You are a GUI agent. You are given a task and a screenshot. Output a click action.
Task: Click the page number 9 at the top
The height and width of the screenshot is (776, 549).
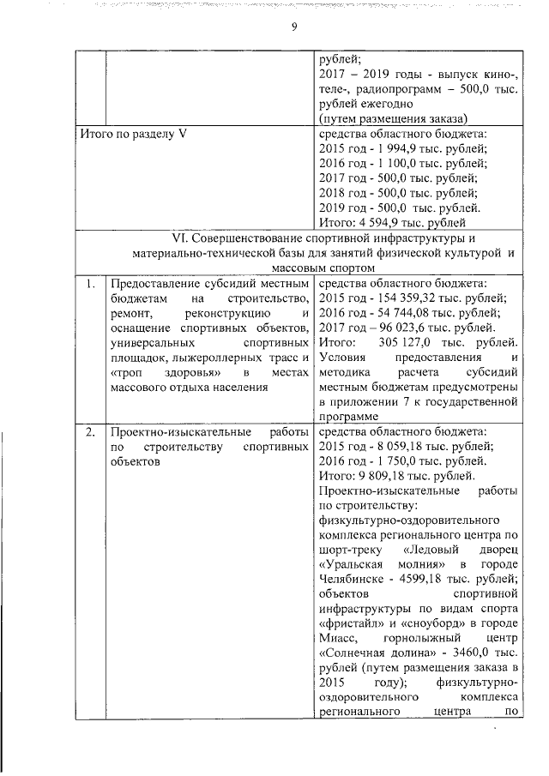point(293,27)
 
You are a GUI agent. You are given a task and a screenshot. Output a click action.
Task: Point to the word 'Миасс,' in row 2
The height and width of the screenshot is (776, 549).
point(340,638)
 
